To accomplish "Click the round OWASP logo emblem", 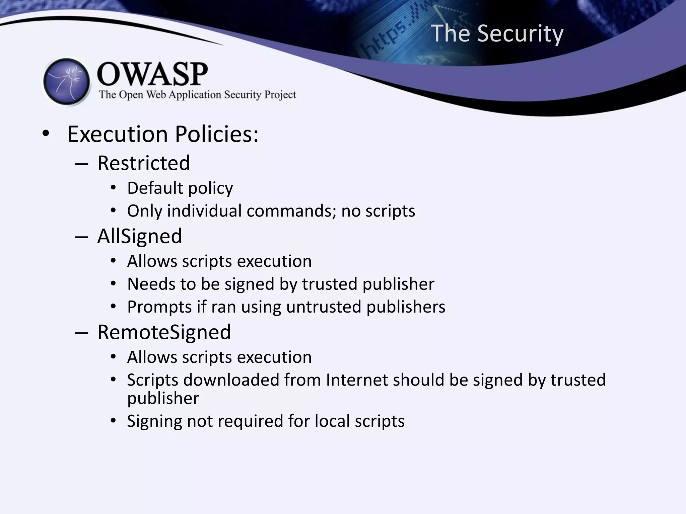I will click(67, 82).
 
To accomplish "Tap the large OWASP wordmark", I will click(152, 74).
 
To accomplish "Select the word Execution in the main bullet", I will click(118, 134).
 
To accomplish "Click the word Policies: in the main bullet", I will click(217, 134).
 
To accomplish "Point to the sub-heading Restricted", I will click(144, 163).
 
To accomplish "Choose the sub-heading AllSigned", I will click(139, 236).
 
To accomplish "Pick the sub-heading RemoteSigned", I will click(164, 332).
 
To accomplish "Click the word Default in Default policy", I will click(155, 188).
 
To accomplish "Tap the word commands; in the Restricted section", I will click(291, 211).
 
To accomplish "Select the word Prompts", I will click(159, 307).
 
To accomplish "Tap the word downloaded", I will click(231, 380).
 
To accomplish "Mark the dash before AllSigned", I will click(82, 237).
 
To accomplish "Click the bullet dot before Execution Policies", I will click(46, 134).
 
